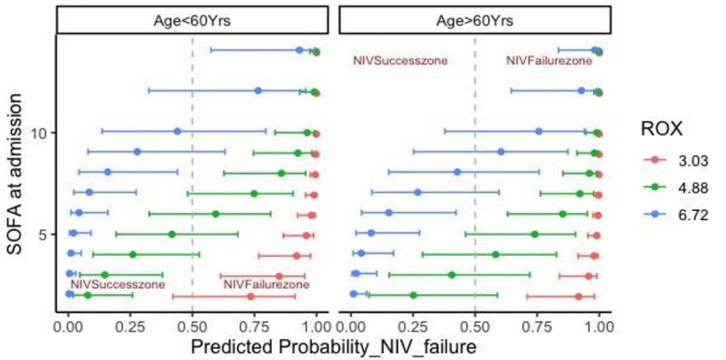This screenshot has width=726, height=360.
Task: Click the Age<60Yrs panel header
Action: tap(192, 22)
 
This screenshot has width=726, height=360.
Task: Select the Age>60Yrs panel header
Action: tap(474, 22)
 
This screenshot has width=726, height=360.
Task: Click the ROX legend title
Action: tap(661, 130)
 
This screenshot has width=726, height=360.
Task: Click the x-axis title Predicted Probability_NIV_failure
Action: tap(334, 346)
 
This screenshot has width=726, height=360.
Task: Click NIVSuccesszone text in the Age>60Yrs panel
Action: tap(400, 61)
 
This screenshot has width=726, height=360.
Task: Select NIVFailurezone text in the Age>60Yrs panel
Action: tap(549, 61)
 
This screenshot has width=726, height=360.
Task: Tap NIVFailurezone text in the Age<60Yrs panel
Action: tap(267, 285)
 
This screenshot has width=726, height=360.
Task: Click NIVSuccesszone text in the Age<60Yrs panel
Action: tap(117, 285)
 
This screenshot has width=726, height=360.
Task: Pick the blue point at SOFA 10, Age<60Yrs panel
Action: tap(178, 132)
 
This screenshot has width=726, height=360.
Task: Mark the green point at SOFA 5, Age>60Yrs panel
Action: tap(534, 234)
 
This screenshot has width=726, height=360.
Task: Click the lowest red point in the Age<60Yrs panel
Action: tap(251, 297)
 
